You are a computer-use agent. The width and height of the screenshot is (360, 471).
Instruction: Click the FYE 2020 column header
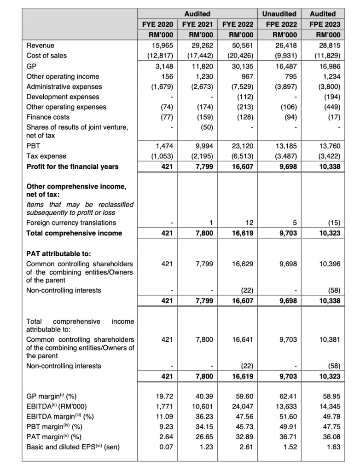coord(157,24)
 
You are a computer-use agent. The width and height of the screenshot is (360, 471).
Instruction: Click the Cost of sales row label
coord(46,56)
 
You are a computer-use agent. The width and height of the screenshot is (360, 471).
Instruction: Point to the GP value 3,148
coord(162,66)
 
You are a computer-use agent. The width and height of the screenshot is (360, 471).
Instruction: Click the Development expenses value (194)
coord(331,97)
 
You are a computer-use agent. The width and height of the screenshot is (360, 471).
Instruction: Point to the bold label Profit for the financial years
coord(72,166)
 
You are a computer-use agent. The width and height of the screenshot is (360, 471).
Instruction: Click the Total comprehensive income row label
coord(74,233)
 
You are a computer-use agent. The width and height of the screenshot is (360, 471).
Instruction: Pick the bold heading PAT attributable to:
coord(58,253)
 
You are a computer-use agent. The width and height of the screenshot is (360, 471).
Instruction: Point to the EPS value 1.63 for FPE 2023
coord(333,447)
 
